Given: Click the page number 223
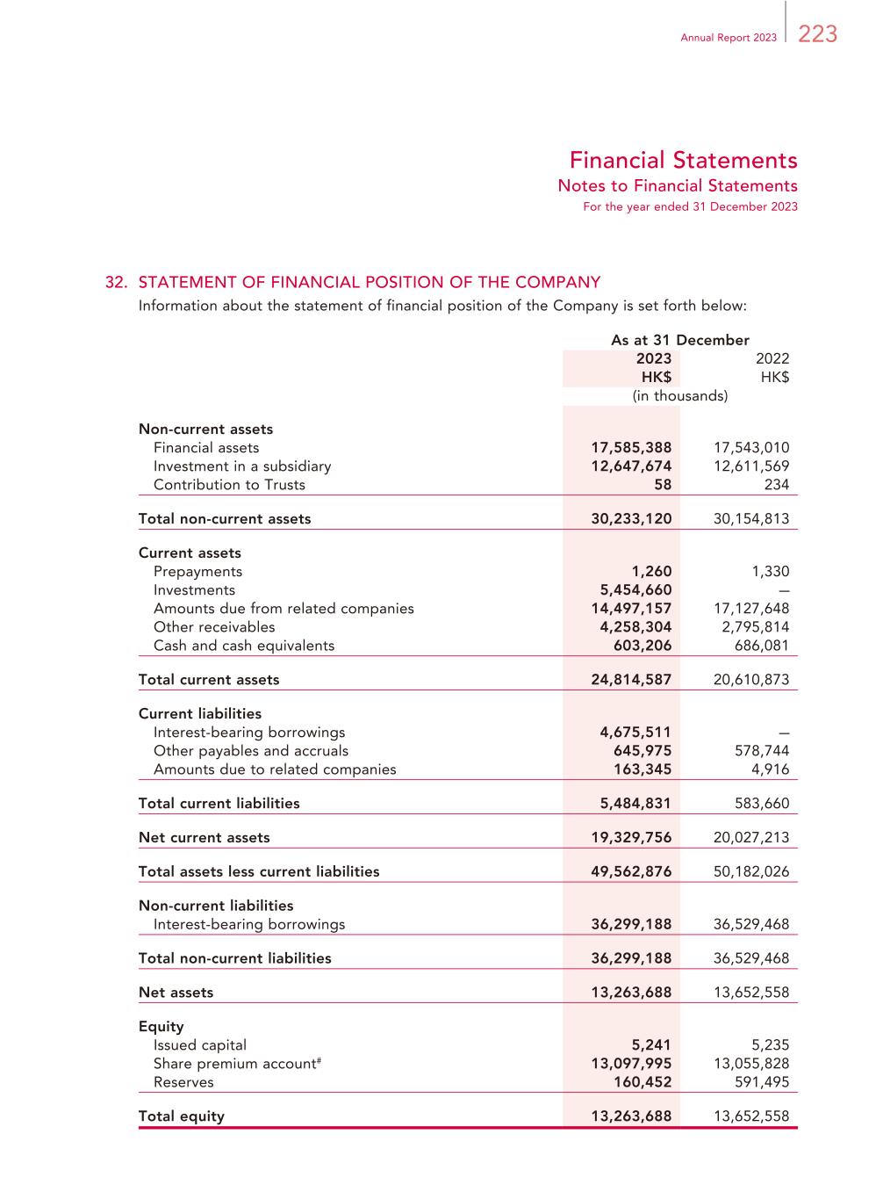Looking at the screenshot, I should point(818,34).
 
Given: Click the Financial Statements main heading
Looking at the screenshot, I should point(683,161).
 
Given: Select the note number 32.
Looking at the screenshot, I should point(117,282).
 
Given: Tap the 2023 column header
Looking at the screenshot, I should point(653,358).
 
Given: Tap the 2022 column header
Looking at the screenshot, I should point(772,358).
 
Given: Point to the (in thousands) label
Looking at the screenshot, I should point(680,396).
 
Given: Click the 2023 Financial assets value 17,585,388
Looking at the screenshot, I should point(631,448).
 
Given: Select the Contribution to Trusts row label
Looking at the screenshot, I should point(229,485).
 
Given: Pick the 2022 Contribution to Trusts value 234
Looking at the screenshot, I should point(776,485).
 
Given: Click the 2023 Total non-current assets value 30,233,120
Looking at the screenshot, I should point(631,519).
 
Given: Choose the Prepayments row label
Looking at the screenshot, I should point(197,572).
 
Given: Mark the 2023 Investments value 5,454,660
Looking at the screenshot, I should point(635,590).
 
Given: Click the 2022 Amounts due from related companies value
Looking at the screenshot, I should point(751,609).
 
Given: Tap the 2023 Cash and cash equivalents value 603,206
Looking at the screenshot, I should point(643,646).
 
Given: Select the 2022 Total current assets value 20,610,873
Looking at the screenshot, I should point(751,680).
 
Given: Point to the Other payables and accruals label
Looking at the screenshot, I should point(250,751).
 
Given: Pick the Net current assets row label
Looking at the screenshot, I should point(204,838).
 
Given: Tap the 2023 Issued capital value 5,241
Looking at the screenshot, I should point(651,1045).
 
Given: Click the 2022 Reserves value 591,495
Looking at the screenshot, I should point(761,1082).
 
